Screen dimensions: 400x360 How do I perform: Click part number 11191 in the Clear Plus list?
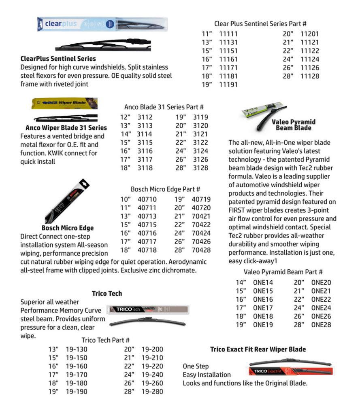coord(228,85)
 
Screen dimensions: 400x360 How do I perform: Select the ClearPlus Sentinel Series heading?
coord(58,59)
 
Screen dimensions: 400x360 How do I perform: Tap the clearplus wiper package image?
coord(102,24)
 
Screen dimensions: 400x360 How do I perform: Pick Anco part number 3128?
coord(200,168)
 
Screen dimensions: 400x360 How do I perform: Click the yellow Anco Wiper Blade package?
coord(65,103)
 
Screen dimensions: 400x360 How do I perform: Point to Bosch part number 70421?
coord(201,216)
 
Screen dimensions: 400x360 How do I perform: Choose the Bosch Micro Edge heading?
coord(67,228)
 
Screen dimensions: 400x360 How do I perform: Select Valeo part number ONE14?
coord(263,283)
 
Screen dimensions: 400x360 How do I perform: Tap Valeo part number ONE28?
coord(321,325)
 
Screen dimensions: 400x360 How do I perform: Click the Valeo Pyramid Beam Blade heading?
coord(294,125)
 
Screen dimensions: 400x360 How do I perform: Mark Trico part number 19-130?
coord(77,349)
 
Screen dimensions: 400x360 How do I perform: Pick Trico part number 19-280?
coord(152,392)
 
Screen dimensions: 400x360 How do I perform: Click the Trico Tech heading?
coord(107,293)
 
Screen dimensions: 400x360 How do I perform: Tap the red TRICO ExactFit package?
coord(290,371)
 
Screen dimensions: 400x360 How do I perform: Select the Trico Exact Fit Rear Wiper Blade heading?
coord(258,349)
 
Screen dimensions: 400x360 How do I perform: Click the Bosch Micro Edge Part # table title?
coord(165,189)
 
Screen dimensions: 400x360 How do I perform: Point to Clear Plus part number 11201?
coord(310,34)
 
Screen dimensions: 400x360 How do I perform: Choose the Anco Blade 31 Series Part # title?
coord(164,107)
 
